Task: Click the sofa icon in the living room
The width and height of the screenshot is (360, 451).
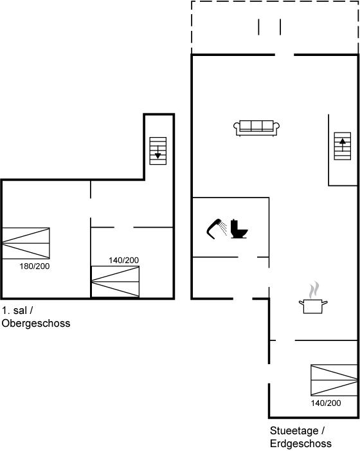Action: click(256, 128)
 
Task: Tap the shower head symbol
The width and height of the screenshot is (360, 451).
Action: click(214, 229)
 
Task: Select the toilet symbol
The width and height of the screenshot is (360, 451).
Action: click(239, 229)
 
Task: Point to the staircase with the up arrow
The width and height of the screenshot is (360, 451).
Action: click(343, 146)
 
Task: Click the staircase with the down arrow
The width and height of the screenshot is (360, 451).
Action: click(158, 151)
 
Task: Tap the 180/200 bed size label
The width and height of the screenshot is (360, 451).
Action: click(35, 266)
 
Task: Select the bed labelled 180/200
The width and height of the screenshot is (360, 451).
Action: click(26, 243)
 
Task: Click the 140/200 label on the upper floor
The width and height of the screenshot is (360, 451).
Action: click(124, 261)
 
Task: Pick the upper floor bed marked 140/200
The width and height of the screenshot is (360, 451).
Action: click(115, 282)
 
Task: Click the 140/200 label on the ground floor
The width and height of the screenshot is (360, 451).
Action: click(326, 403)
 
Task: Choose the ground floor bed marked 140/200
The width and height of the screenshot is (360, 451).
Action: click(334, 380)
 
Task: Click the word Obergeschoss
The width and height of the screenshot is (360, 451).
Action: click(36, 324)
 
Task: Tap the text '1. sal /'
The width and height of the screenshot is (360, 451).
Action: click(17, 311)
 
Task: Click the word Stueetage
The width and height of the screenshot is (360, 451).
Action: click(294, 431)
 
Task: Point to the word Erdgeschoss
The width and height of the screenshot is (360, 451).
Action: click(301, 443)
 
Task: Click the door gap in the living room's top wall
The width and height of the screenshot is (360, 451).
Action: click(284, 55)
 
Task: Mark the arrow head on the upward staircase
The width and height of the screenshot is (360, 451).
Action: click(343, 141)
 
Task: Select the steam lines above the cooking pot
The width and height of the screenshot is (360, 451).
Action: click(314, 290)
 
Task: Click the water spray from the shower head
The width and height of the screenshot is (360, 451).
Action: click(223, 228)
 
